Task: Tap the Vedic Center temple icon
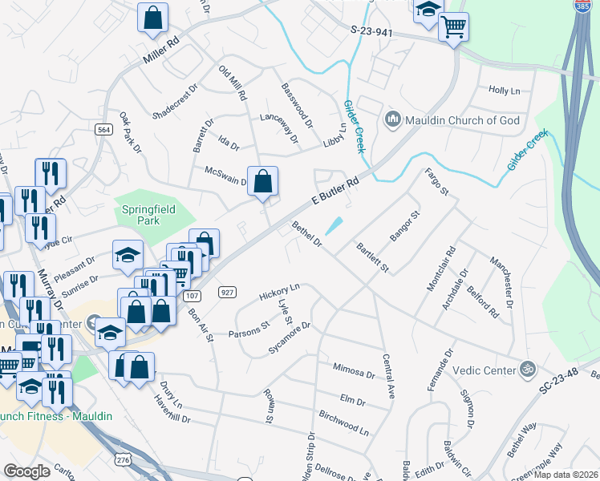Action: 528,370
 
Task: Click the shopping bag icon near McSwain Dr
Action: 263,181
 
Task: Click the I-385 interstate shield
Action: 583,6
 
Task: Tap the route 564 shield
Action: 103,130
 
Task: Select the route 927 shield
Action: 225,293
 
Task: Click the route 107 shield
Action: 190,297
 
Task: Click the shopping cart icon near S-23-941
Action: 453,26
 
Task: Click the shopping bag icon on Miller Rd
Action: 152,18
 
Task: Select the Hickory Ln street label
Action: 279,292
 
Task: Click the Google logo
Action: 26,471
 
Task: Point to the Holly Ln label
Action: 505,91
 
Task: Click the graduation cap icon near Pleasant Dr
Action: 128,255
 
